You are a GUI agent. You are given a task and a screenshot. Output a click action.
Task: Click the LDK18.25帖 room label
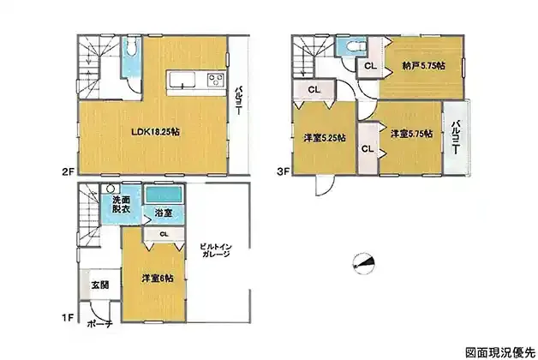(x=155, y=132)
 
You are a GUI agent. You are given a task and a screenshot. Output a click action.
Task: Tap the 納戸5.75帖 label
(x=424, y=65)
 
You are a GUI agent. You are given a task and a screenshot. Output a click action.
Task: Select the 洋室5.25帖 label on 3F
(x=324, y=138)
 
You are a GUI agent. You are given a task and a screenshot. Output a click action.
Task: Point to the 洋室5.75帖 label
(x=411, y=134)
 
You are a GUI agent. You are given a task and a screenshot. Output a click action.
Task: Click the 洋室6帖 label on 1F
(x=158, y=279)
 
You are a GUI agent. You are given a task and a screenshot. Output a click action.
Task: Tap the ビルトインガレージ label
(x=216, y=250)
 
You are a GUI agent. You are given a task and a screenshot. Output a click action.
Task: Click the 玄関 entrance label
(x=100, y=285)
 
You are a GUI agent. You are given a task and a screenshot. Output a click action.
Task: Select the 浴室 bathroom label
(x=163, y=213)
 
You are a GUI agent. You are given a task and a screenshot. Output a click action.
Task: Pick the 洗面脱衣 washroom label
(x=121, y=204)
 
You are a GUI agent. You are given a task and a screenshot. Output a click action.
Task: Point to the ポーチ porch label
(x=100, y=324)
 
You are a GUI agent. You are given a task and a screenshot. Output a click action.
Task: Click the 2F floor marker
(x=68, y=171)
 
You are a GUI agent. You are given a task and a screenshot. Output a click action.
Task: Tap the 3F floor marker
(x=284, y=171)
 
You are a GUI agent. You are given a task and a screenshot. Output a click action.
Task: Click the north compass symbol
(x=364, y=263)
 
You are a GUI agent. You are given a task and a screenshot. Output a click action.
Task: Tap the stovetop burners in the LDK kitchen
(x=216, y=80)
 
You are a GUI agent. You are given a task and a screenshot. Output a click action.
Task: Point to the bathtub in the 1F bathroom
(x=164, y=195)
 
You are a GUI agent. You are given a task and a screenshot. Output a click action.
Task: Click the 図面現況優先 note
(x=500, y=352)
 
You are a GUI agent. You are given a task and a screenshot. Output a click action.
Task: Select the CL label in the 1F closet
(x=164, y=234)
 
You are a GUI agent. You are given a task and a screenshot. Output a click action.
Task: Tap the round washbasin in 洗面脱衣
(x=111, y=189)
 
